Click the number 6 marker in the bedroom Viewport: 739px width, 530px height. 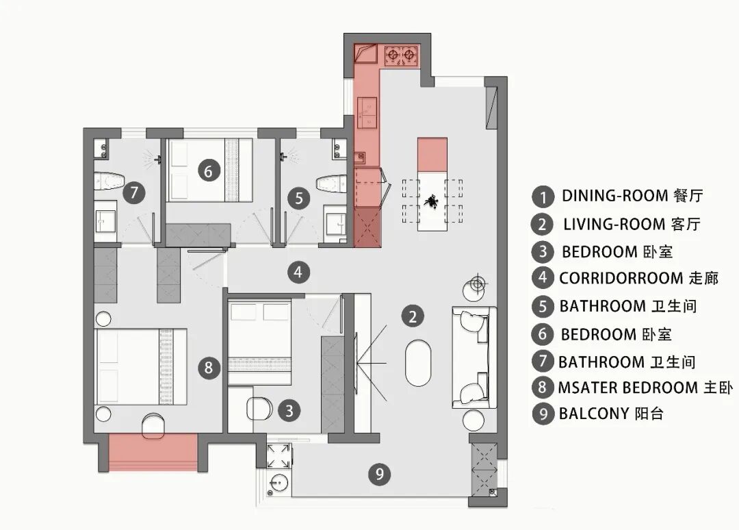pyautogui.click(x=208, y=171)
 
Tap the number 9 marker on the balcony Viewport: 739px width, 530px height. pyautogui.click(x=380, y=473)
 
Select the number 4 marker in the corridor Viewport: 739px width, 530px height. pyautogui.click(x=298, y=272)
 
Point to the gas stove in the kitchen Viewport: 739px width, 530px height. pyautogui.click(x=402, y=55)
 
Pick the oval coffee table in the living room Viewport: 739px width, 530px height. pyautogui.click(x=418, y=363)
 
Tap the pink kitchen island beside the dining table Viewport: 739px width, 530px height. pyautogui.click(x=432, y=155)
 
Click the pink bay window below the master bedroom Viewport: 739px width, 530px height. pyautogui.click(x=153, y=453)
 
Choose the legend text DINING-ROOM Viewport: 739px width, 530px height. pyautogui.click(x=615, y=195)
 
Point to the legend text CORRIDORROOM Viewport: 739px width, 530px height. pyautogui.click(x=621, y=278)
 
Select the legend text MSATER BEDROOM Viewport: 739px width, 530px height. pyautogui.click(x=627, y=388)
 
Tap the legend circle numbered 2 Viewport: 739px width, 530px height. pyautogui.click(x=543, y=225)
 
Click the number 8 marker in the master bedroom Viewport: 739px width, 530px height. pyautogui.click(x=209, y=367)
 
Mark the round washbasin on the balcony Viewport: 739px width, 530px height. pyautogui.click(x=279, y=483)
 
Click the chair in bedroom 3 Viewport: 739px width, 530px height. pyautogui.click(x=259, y=408)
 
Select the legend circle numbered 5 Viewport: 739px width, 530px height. pyautogui.click(x=543, y=307)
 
